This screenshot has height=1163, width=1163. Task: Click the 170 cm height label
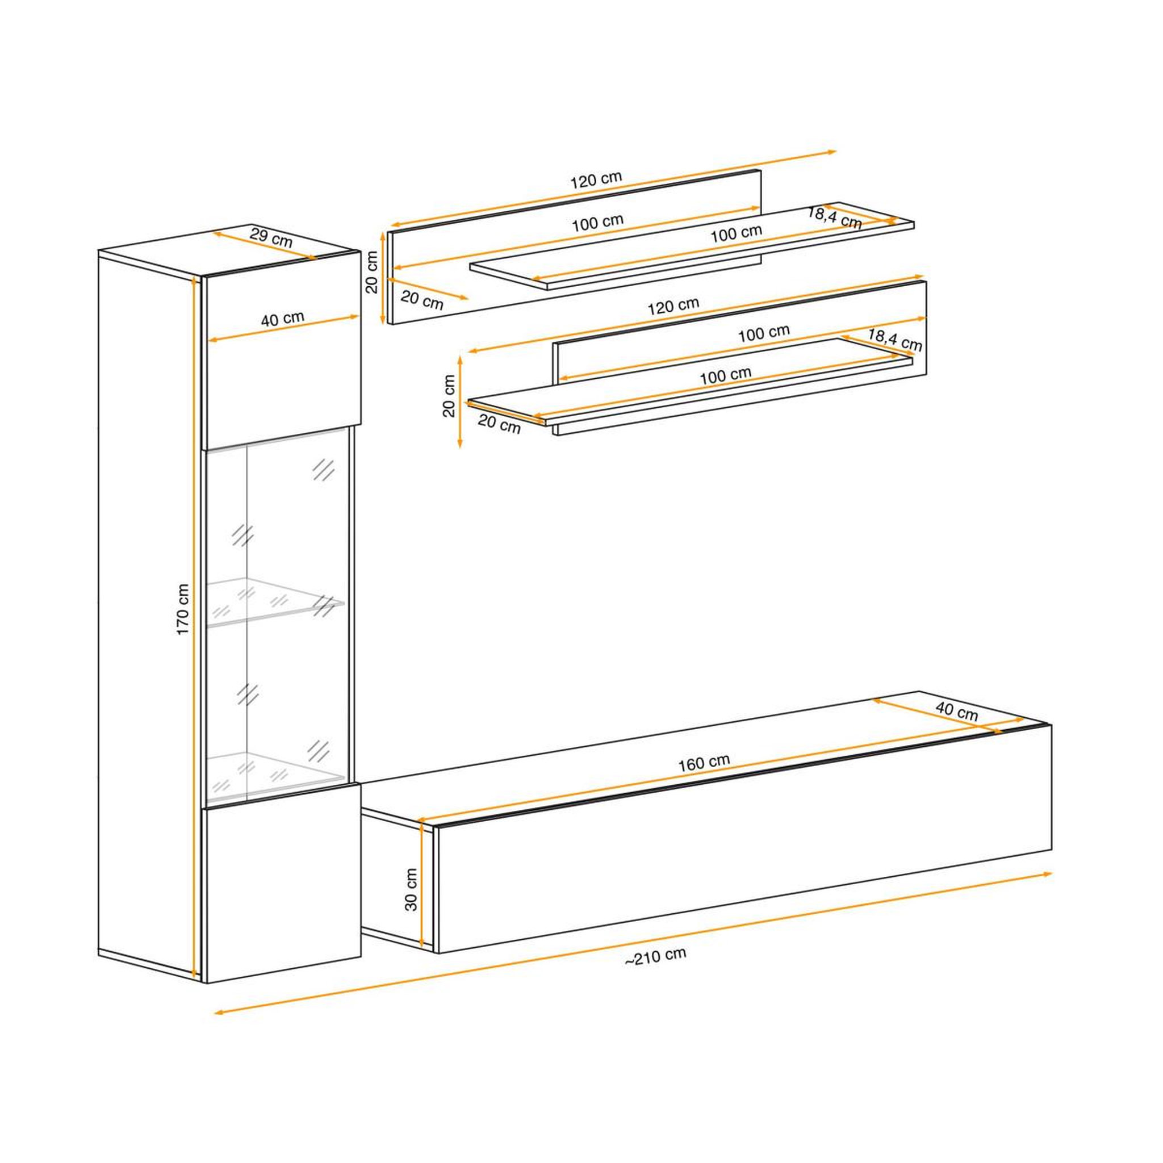pyautogui.click(x=183, y=609)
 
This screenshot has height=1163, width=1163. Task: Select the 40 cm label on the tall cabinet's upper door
pyautogui.click(x=282, y=319)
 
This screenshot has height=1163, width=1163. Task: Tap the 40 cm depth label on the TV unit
pyautogui.click(x=957, y=712)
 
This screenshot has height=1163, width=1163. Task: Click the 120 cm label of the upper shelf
pyautogui.click(x=595, y=179)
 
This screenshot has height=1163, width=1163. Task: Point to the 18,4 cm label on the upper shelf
pyautogui.click(x=834, y=218)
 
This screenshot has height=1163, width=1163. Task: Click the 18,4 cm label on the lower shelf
pyautogui.click(x=894, y=340)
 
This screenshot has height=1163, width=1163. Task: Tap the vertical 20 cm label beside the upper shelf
pyautogui.click(x=372, y=273)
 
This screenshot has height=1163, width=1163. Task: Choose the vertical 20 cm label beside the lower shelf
pyautogui.click(x=449, y=396)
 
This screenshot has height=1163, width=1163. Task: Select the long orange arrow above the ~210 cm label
pyautogui.click(x=633, y=942)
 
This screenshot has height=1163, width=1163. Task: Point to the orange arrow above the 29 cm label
pyautogui.click(x=263, y=246)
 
